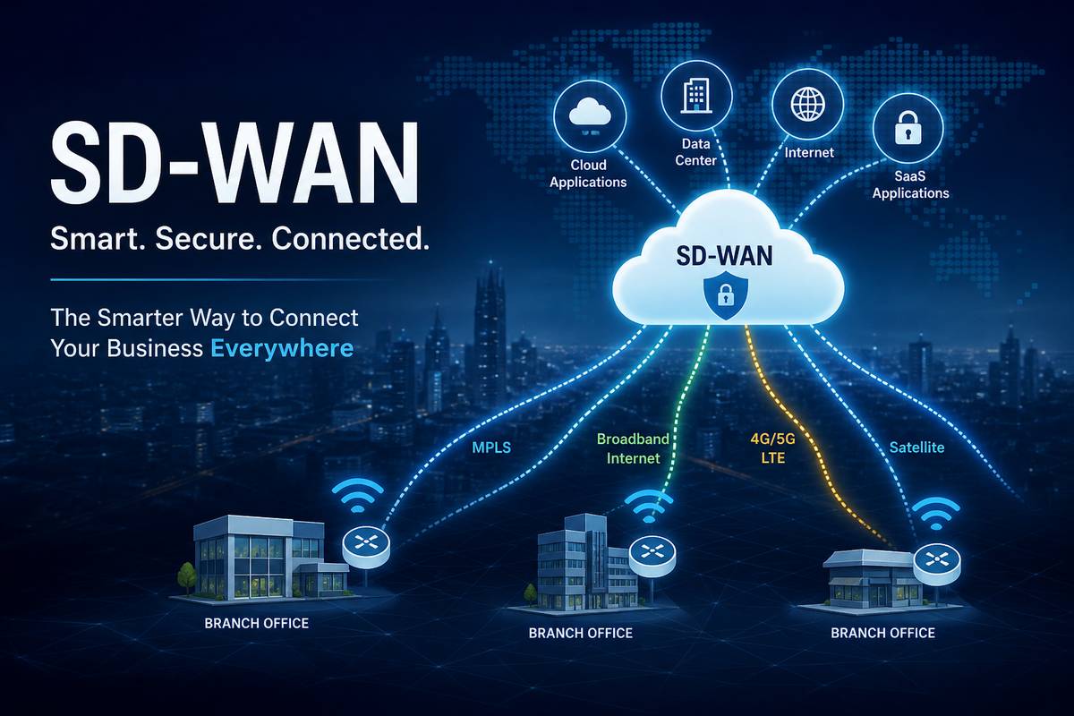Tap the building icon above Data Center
(x=696, y=96)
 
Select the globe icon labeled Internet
(x=808, y=104)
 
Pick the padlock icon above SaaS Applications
(x=908, y=128)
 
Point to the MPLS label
(x=491, y=447)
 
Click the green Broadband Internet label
(x=633, y=448)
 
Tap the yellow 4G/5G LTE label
(x=773, y=448)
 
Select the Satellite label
(x=916, y=447)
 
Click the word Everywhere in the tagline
(x=282, y=348)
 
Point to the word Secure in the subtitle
(x=209, y=238)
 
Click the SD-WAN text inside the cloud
(x=724, y=256)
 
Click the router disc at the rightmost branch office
(x=937, y=561)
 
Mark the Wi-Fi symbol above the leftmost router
(x=358, y=495)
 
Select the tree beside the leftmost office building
(x=186, y=578)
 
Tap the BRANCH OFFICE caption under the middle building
(x=581, y=633)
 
